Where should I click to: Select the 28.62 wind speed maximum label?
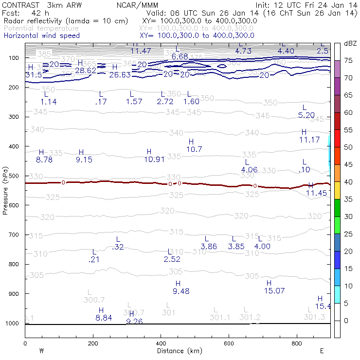coord(85,71)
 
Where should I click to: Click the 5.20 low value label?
coord(306,115)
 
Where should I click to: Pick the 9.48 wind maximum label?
coord(180,291)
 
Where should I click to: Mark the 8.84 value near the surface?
coord(104,318)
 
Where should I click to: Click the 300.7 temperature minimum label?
coord(94,299)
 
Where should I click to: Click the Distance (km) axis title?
coord(178,351)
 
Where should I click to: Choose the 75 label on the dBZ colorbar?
coord(348,60)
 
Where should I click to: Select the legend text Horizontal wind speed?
coord(41,36)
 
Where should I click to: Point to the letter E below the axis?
coord(322,350)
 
